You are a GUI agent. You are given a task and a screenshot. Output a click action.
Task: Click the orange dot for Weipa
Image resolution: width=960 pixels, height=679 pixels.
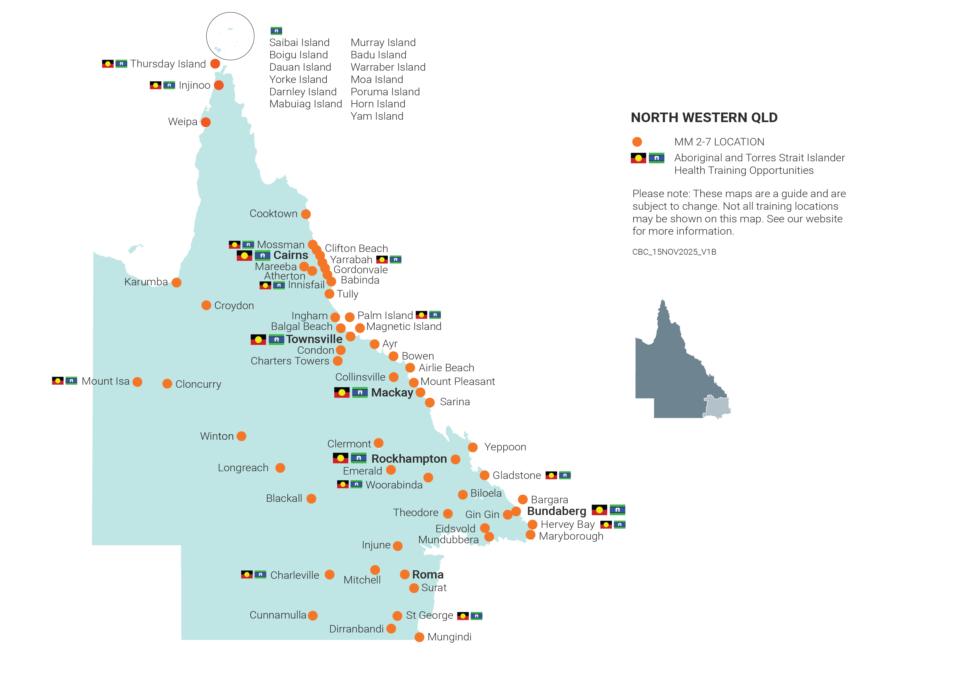click(206, 122)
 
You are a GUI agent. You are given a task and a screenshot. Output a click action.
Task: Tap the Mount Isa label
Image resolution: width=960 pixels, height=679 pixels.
click(105, 381)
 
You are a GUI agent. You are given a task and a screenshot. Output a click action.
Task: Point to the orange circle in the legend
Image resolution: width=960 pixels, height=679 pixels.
click(637, 142)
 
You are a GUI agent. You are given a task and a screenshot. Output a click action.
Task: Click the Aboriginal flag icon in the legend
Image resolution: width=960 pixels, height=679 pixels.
click(638, 158)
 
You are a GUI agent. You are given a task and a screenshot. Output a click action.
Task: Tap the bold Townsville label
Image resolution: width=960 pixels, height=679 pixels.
click(314, 339)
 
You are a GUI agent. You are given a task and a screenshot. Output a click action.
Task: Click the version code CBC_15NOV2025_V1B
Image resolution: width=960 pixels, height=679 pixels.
click(674, 252)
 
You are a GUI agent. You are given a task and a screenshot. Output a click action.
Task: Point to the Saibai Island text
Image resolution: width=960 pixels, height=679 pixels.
click(299, 43)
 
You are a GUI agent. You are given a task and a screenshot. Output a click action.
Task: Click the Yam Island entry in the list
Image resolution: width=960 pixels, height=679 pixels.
click(377, 116)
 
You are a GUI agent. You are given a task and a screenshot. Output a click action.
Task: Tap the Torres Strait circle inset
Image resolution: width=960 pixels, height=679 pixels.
click(230, 36)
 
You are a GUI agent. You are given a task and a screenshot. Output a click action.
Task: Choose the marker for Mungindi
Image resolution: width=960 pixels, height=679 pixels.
click(419, 637)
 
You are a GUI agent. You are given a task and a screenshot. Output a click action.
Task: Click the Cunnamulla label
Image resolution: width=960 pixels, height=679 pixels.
click(278, 615)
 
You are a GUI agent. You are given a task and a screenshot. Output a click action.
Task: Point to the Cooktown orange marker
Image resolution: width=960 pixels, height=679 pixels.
click(306, 214)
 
